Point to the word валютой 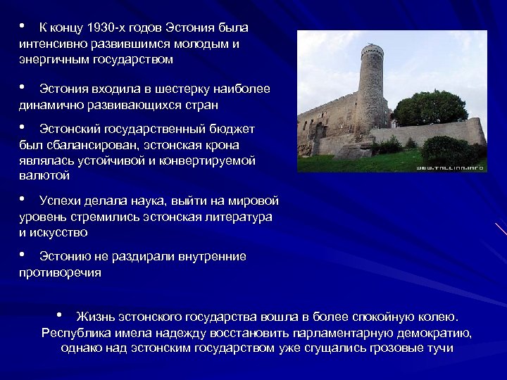pos(44,176)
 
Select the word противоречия pos(60,272)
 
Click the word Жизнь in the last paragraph pos(94,317)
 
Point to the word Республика pos(76,333)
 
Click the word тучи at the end pos(439,348)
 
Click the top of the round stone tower pos(372,49)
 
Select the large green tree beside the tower pos(430,108)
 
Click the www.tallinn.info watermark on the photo pos(451,168)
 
